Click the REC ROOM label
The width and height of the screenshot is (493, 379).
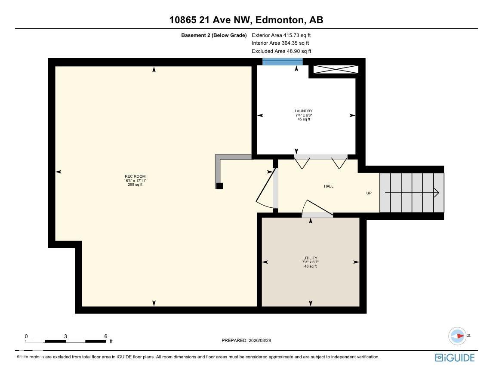[x=135, y=176]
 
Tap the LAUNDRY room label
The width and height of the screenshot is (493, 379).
[x=304, y=111]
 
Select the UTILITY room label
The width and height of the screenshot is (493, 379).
[x=310, y=258]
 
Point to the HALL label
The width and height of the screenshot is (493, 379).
[x=329, y=186]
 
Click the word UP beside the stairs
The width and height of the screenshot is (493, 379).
[x=369, y=193]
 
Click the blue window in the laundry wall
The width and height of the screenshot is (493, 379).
[x=283, y=62]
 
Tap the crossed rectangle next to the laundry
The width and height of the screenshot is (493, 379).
[x=336, y=70]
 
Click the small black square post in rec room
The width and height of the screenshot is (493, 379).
[x=219, y=186]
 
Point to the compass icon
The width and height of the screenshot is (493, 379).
[x=457, y=336]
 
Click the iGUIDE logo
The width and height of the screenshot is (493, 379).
[x=455, y=357]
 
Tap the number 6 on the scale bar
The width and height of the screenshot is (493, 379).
[x=106, y=336]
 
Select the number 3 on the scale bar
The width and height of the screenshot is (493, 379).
[x=65, y=336]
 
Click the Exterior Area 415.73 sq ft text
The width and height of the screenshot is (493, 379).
[x=281, y=35]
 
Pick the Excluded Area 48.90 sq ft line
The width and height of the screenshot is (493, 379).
[x=281, y=51]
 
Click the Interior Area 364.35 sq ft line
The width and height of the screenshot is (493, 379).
[x=280, y=43]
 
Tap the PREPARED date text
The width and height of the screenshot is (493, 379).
[x=246, y=340]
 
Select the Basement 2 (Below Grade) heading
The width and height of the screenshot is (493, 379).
[x=214, y=35]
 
